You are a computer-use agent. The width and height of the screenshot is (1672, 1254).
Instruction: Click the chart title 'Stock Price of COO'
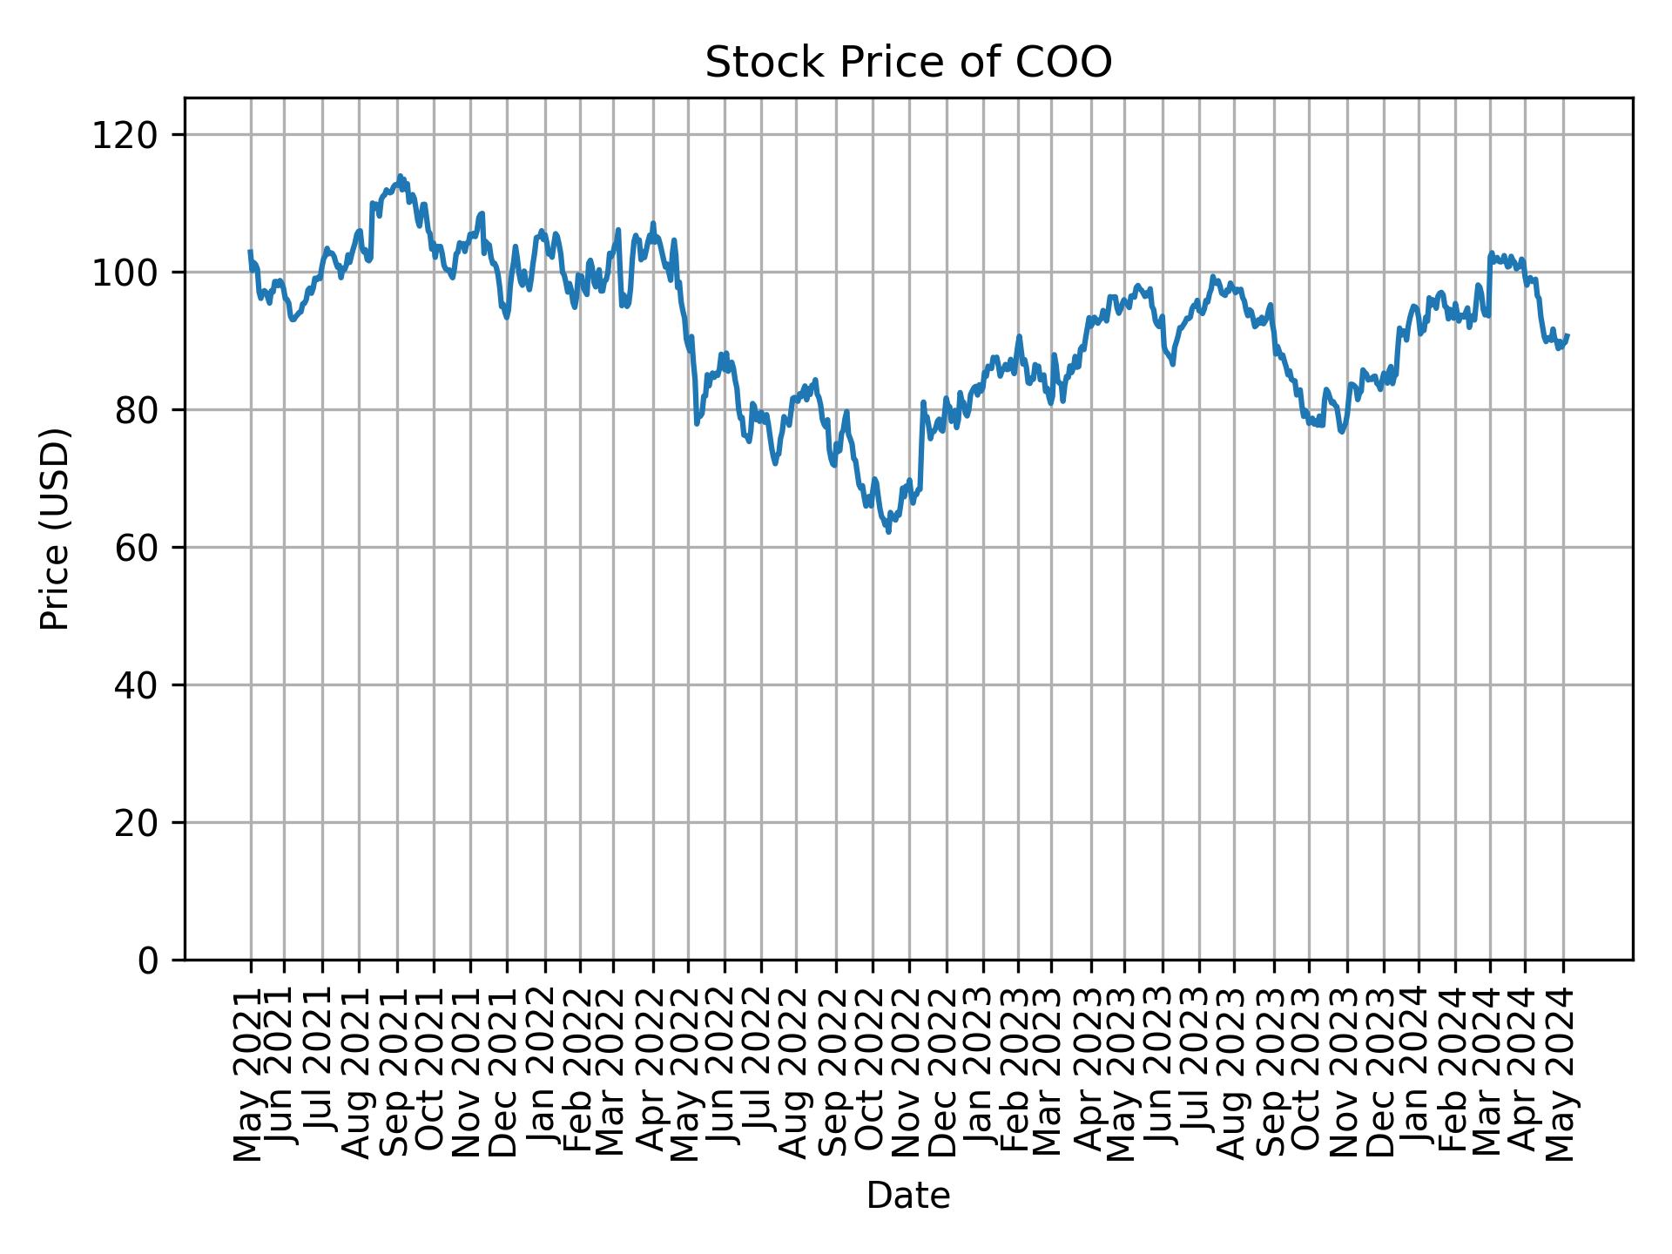coord(907,63)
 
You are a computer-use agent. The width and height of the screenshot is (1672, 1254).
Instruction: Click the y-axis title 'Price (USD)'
coord(54,529)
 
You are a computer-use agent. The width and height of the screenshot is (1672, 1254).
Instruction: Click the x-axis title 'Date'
coord(907,1196)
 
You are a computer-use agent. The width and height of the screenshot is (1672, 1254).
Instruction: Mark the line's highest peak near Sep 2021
coord(400,176)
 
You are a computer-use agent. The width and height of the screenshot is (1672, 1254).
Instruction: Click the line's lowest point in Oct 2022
coord(888,531)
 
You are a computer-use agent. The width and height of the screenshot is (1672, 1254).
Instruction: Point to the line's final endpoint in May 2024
coord(1567,335)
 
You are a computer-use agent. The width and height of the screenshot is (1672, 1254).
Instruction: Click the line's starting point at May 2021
coord(251,252)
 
